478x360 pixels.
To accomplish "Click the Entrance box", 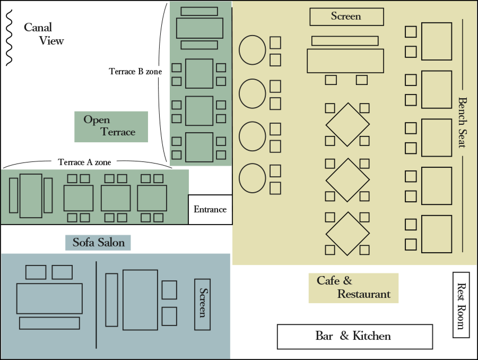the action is pyautogui.click(x=210, y=209).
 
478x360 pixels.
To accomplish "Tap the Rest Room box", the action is pyautogui.click(x=461, y=305).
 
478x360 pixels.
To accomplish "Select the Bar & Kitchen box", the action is pyautogui.click(x=355, y=337).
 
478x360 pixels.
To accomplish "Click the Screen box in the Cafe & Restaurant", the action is pyautogui.click(x=347, y=17).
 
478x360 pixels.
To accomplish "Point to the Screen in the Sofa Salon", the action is pyautogui.click(x=202, y=304).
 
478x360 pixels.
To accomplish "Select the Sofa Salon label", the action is pyautogui.click(x=98, y=243).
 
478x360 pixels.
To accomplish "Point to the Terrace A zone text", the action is pyautogui.click(x=84, y=162).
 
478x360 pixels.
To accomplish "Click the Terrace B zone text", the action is pyautogui.click(x=135, y=71).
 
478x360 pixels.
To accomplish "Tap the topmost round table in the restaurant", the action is pyautogui.click(x=252, y=50).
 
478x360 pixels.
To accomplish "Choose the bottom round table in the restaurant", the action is pyautogui.click(x=252, y=178).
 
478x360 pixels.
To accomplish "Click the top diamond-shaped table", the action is pyautogui.click(x=347, y=125).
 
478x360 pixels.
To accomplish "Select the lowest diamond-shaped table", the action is pyautogui.click(x=347, y=234).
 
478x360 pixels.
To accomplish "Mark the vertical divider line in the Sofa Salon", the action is pyautogui.click(x=96, y=305).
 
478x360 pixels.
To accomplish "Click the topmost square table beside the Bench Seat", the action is pyautogui.click(x=437, y=41).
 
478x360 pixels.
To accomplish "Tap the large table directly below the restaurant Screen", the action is pyautogui.click(x=345, y=61).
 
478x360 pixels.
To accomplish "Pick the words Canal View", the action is pyautogui.click(x=44, y=34).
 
